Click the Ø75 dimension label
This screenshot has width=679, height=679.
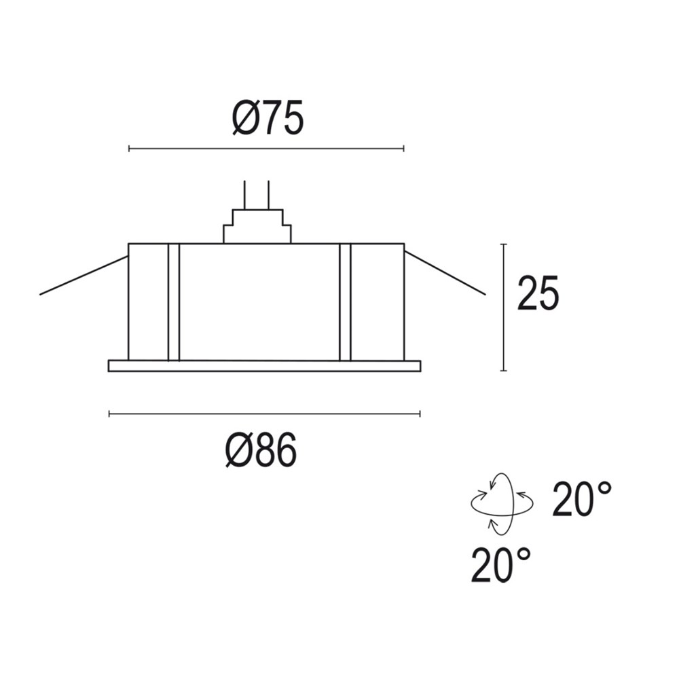click(x=267, y=119)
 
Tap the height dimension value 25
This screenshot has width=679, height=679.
click(x=538, y=294)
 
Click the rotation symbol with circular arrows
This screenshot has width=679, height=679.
click(x=502, y=503)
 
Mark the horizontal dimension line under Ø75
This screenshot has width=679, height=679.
click(x=266, y=148)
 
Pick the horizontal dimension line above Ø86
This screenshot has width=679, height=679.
click(x=264, y=414)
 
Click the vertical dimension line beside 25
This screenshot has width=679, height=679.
click(x=503, y=307)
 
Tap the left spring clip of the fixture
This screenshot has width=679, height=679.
click(x=84, y=276)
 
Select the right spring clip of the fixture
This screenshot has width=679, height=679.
click(x=445, y=274)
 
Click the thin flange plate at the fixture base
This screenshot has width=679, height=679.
click(x=264, y=366)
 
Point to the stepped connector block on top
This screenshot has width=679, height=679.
click(x=257, y=226)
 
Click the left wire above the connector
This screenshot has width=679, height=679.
click(x=244, y=194)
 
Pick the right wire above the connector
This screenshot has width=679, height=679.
click(x=269, y=194)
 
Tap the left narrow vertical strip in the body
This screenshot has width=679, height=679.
click(x=173, y=301)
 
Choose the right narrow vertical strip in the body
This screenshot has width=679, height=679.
click(x=344, y=301)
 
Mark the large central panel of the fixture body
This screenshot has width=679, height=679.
click(x=259, y=301)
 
